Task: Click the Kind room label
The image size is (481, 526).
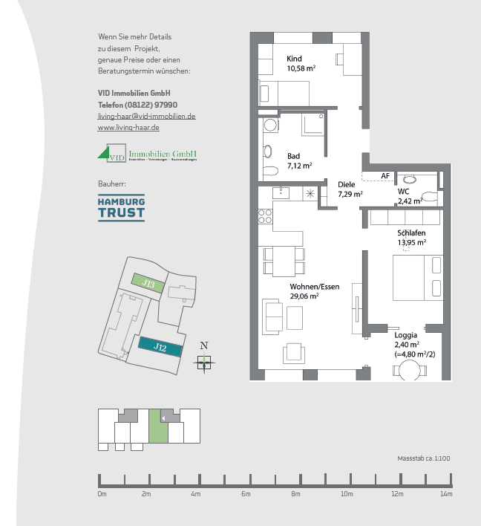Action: (295, 59)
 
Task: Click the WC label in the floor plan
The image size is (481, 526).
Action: (403, 191)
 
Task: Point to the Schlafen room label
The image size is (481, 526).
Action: (411, 233)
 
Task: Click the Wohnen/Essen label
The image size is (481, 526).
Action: (314, 286)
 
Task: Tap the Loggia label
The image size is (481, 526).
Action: (406, 335)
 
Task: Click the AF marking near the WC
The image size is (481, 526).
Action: (385, 176)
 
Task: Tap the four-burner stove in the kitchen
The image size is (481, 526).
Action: (265, 217)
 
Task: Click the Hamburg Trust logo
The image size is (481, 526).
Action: (122, 209)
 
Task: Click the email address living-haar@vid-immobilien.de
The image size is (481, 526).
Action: (146, 117)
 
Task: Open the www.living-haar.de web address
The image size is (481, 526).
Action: (128, 128)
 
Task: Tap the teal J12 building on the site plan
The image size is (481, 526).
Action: (159, 347)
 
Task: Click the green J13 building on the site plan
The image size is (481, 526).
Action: (148, 284)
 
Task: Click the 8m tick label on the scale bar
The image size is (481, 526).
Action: (295, 493)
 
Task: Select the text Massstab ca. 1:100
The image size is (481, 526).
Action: (424, 458)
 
